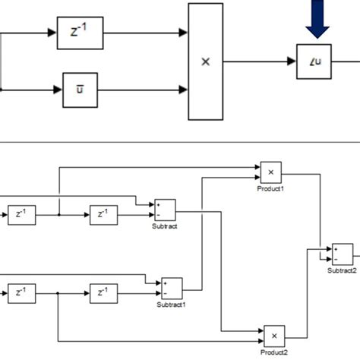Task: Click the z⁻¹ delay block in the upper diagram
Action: point(80,33)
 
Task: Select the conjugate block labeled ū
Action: point(80,89)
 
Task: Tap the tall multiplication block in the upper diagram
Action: point(204,62)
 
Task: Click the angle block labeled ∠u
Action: point(313,62)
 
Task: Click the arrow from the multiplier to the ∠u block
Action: point(258,62)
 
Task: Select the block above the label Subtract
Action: point(165,210)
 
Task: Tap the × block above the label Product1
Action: point(271,172)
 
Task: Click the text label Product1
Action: point(270,188)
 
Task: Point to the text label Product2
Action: point(274,352)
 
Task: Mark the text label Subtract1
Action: point(171,305)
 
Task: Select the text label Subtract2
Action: point(342,270)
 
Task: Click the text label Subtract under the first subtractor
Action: point(164,226)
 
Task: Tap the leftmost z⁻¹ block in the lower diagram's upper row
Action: point(23,215)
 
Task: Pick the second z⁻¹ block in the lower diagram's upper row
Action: point(103,215)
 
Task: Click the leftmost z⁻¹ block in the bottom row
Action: point(23,292)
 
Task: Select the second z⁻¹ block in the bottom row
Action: point(103,292)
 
